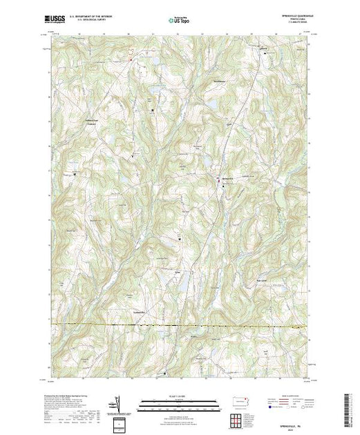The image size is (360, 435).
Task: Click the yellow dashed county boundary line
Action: point(180,325)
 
